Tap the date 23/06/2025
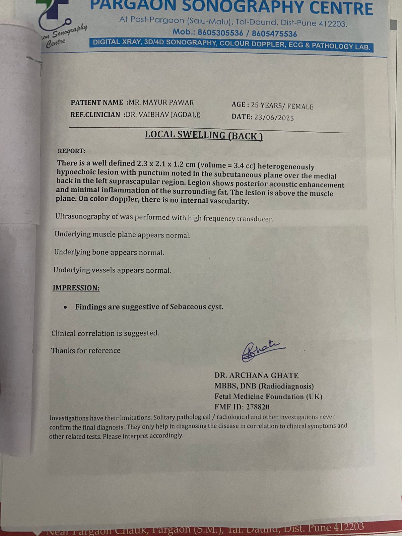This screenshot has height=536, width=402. click(274, 118)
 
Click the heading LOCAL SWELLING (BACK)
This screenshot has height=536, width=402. click(204, 135)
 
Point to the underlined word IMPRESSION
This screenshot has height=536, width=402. click(76, 288)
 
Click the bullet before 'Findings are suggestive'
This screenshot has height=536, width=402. click(66, 307)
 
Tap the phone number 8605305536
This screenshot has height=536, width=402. click(220, 33)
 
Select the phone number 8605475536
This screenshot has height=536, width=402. click(274, 34)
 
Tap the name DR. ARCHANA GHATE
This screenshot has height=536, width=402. click(256, 376)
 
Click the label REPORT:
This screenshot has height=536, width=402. click(71, 151)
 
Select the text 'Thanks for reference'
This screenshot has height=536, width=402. click(86, 351)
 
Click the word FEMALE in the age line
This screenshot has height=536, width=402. click(300, 107)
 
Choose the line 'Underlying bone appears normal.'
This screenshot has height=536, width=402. click(109, 252)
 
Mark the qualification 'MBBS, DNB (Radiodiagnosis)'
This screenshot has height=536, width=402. click(264, 386)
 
